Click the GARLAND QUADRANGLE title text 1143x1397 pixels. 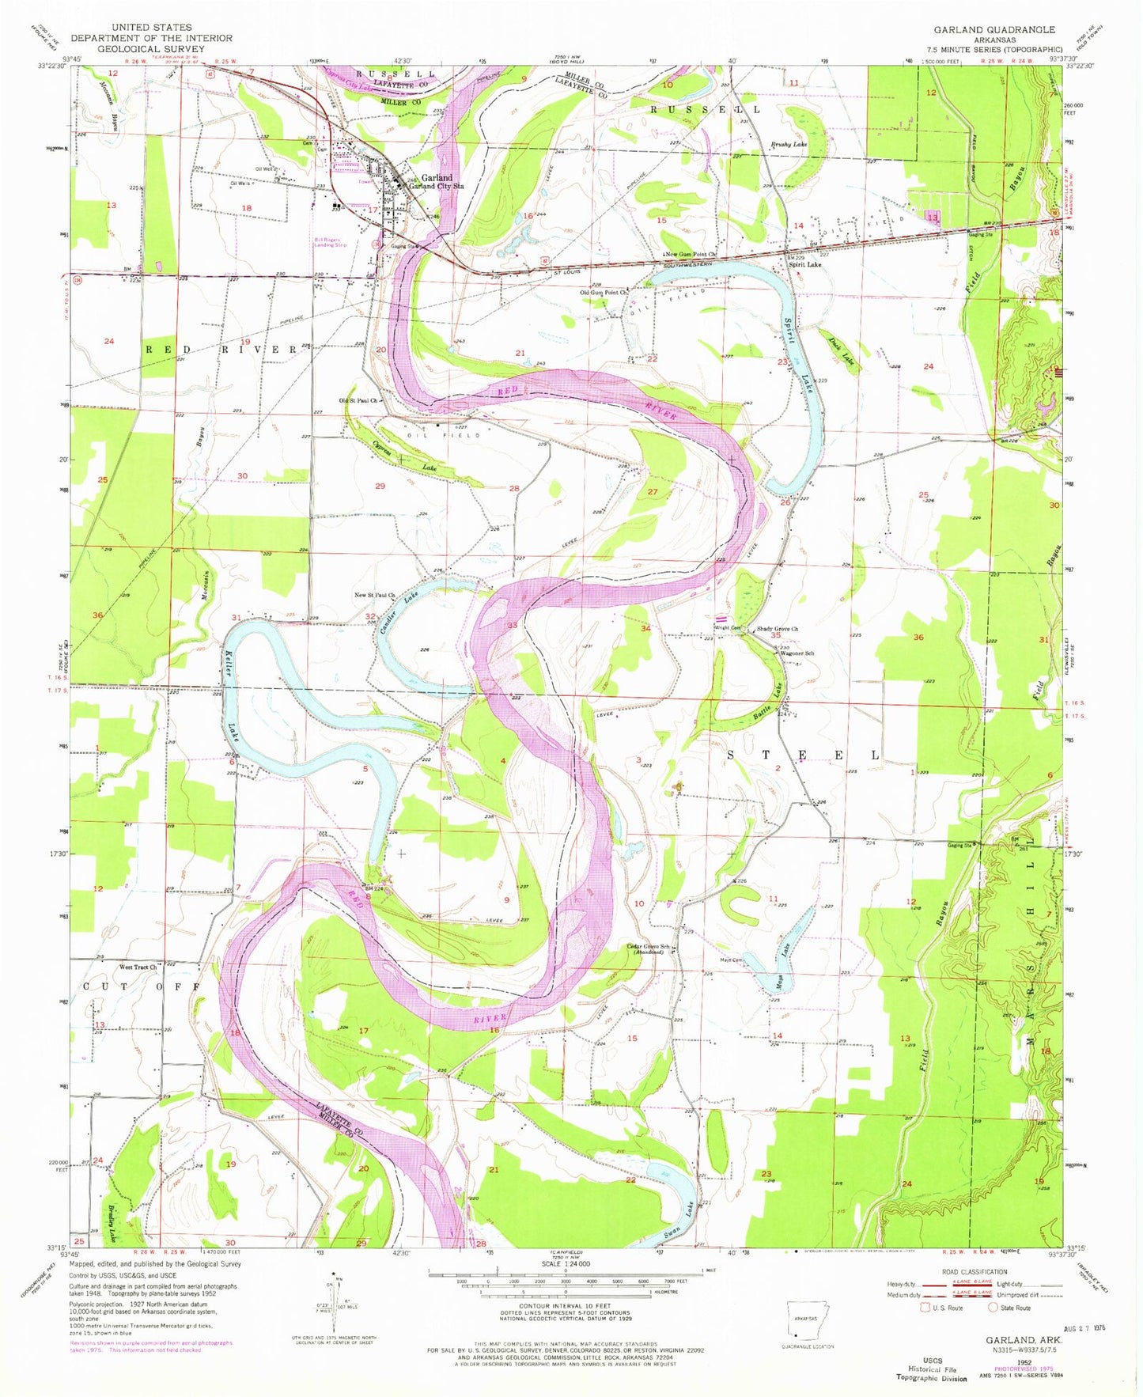point(994,29)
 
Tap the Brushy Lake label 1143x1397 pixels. point(789,145)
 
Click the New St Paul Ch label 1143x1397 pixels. point(374,595)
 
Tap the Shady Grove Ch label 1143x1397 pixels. point(778,629)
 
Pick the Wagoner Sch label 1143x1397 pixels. point(797,653)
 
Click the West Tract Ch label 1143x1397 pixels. point(138,967)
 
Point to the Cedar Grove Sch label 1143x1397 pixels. point(648,947)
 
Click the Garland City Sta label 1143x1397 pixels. point(442,186)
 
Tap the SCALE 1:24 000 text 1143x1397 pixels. point(565,1285)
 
